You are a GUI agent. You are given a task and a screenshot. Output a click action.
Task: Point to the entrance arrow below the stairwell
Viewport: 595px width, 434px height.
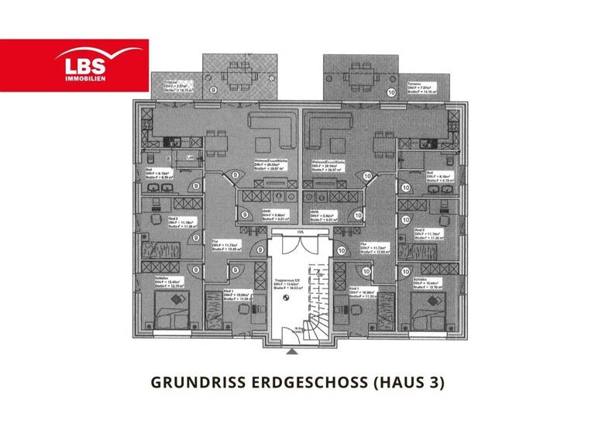291,351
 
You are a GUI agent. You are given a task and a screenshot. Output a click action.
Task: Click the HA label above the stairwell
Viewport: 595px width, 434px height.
299,232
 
